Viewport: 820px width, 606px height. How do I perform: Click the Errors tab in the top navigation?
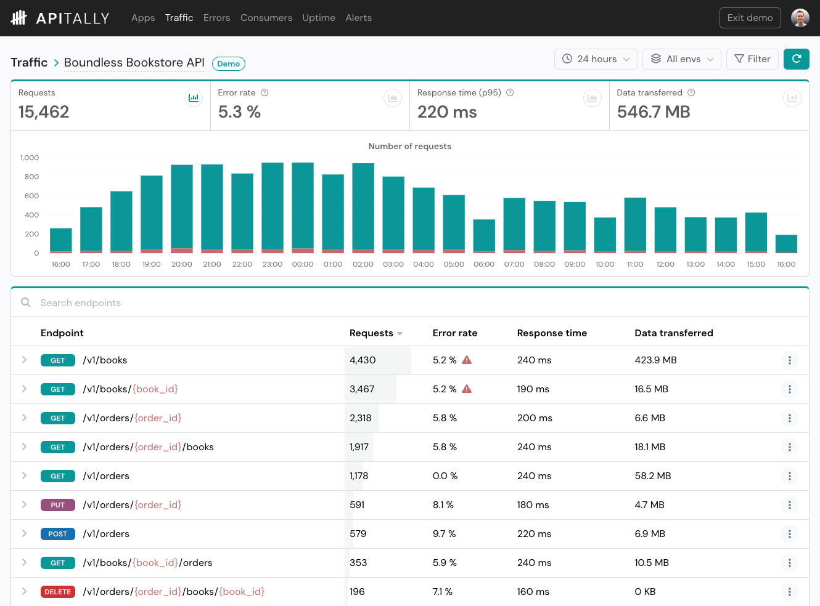216,18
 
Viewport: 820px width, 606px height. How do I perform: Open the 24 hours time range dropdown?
596,59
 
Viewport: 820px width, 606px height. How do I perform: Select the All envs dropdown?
681,59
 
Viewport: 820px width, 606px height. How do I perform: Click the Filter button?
752,59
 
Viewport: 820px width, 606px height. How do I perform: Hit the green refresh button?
796,59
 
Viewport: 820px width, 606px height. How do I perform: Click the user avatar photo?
800,18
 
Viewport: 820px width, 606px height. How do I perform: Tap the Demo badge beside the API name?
228,63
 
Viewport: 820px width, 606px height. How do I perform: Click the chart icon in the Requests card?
194,98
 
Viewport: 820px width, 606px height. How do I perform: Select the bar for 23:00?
273,208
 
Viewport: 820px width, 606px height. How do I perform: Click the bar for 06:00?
484,236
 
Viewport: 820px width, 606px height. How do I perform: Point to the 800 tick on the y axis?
31,177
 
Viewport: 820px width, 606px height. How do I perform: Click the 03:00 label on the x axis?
393,264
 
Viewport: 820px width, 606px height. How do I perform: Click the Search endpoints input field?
247,302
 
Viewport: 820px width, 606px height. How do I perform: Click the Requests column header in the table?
371,333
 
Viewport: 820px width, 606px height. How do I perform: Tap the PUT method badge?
58,505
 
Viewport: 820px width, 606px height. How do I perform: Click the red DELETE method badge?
58,592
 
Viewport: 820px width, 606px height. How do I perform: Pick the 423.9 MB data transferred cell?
655,360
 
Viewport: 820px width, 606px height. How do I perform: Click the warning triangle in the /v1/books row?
467,360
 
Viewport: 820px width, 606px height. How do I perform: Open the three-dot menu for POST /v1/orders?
789,534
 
